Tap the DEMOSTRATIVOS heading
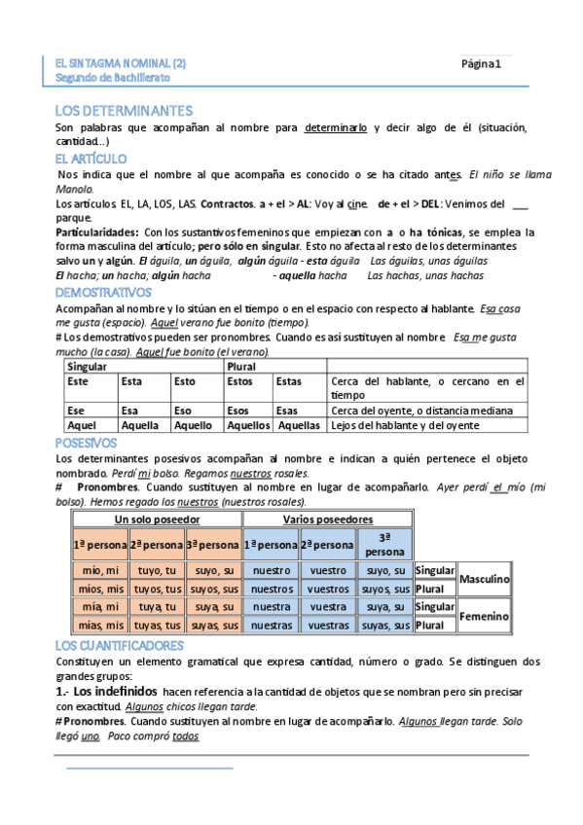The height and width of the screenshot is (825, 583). point(103,292)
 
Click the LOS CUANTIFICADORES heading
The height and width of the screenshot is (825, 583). point(120,645)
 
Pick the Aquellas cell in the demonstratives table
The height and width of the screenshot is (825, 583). point(299,425)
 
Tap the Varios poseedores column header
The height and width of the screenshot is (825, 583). point(327,519)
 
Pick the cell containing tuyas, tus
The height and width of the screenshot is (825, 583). point(157,625)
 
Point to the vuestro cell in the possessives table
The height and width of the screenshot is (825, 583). point(327,570)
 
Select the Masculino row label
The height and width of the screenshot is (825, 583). point(485,579)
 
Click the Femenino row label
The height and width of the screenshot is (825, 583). point(485,616)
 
